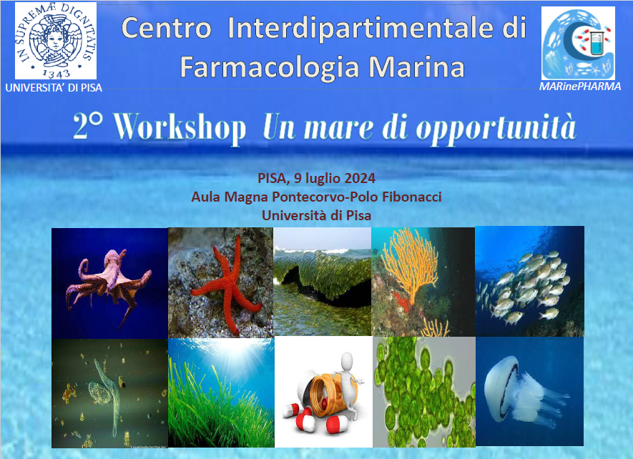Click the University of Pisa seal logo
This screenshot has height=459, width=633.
click(x=56, y=41)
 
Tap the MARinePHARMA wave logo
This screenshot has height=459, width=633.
click(x=578, y=43)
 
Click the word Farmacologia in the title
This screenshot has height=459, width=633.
click(x=269, y=66)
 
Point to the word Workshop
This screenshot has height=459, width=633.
click(x=180, y=127)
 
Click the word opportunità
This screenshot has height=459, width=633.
click(x=496, y=129)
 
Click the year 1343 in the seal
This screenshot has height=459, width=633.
click(x=56, y=73)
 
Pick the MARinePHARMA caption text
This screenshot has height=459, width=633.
click(x=579, y=87)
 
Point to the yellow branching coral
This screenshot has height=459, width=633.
click(x=410, y=263)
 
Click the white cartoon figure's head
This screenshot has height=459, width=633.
click(x=348, y=360)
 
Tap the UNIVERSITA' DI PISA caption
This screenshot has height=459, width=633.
click(x=54, y=88)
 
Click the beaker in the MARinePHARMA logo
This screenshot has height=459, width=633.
click(x=596, y=43)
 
